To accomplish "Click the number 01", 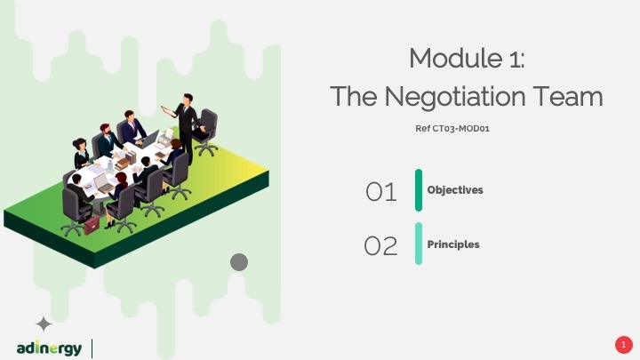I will point(380,191).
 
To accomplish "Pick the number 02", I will point(380,245).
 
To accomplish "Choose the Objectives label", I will point(455,190).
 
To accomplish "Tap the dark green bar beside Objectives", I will point(419,190).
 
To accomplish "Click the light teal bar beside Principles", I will point(419,244).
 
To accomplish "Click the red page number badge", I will point(623,344).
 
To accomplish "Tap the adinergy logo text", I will point(49,348).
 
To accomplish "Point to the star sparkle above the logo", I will point(43,324).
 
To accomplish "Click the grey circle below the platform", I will point(238,261).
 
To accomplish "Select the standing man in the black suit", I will point(187,124).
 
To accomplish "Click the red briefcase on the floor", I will point(92,223).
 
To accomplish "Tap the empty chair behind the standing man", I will point(207,132).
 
